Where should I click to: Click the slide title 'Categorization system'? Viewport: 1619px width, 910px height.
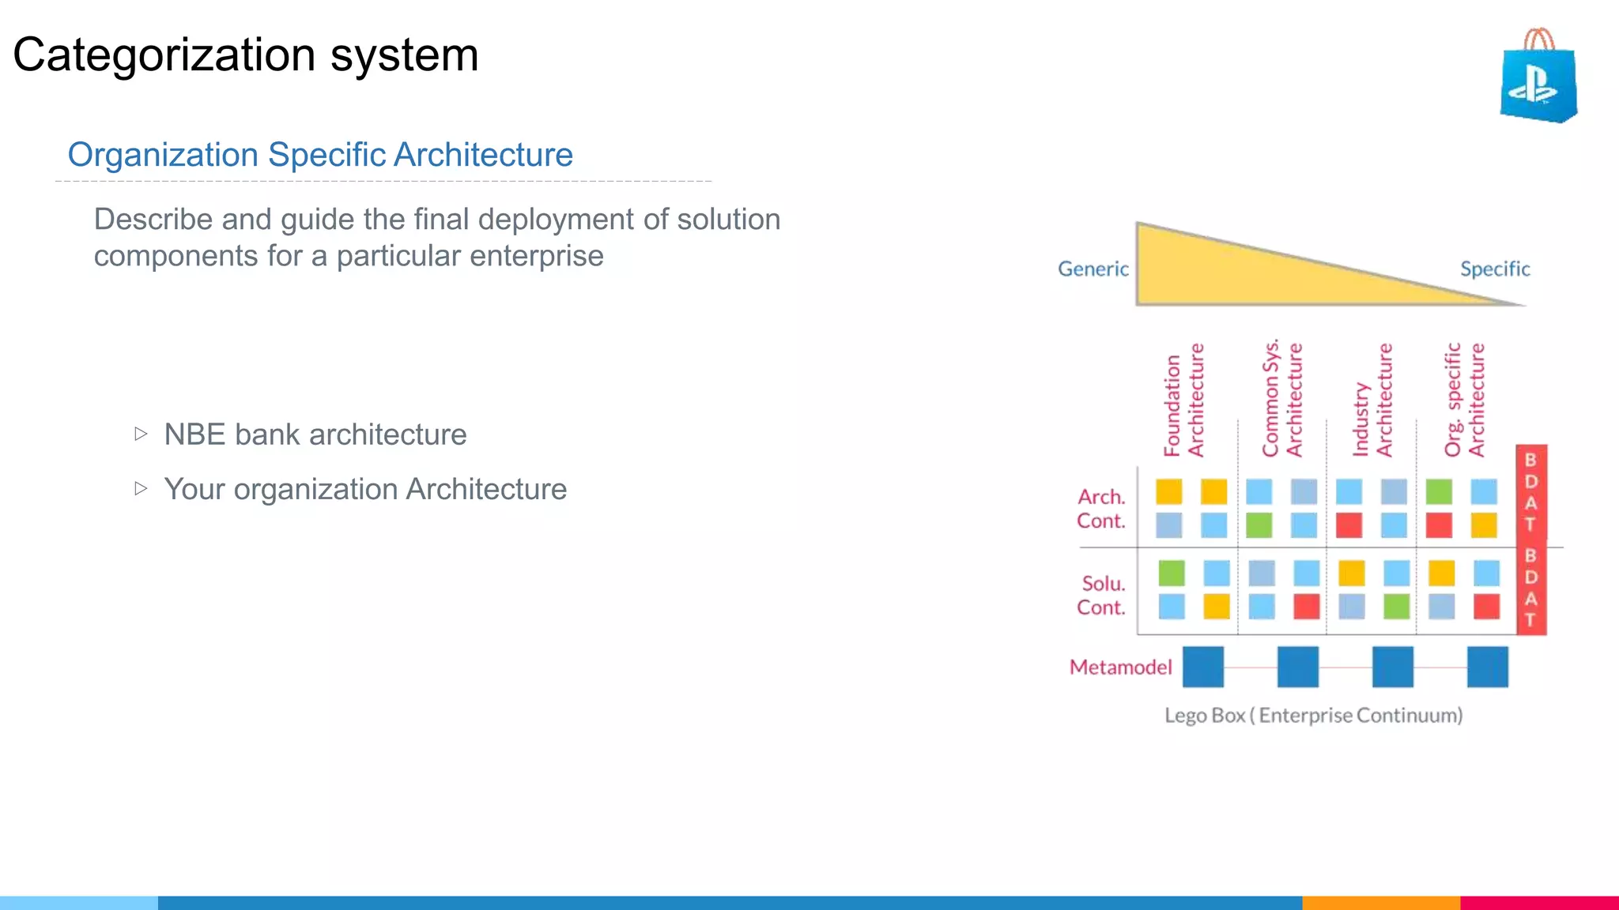[x=246, y=55]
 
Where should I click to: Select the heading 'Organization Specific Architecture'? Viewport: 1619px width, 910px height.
[x=320, y=155]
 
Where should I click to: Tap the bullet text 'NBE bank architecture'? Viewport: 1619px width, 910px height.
[x=315, y=434]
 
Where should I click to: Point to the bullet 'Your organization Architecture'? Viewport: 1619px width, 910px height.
[x=364, y=489]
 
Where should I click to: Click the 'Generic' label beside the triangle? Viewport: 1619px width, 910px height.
[x=1093, y=269]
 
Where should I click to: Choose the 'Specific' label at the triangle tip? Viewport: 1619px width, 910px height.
[x=1494, y=269]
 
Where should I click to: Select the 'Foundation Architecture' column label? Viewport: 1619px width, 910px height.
[x=1183, y=400]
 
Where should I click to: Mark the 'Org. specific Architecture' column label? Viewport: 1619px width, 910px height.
[x=1464, y=400]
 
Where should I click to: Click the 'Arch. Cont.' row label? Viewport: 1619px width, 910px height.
[x=1100, y=509]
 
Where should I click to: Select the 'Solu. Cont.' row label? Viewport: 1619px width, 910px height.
[x=1100, y=596]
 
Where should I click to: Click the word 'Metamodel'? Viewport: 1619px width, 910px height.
[x=1120, y=667]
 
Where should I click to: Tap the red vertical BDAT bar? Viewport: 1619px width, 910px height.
[x=1531, y=540]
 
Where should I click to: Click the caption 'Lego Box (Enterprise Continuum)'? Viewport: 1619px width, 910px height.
[x=1313, y=716]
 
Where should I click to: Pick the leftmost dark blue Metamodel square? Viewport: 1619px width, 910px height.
[x=1203, y=667]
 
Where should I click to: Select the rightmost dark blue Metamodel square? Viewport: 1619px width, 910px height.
[x=1487, y=667]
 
